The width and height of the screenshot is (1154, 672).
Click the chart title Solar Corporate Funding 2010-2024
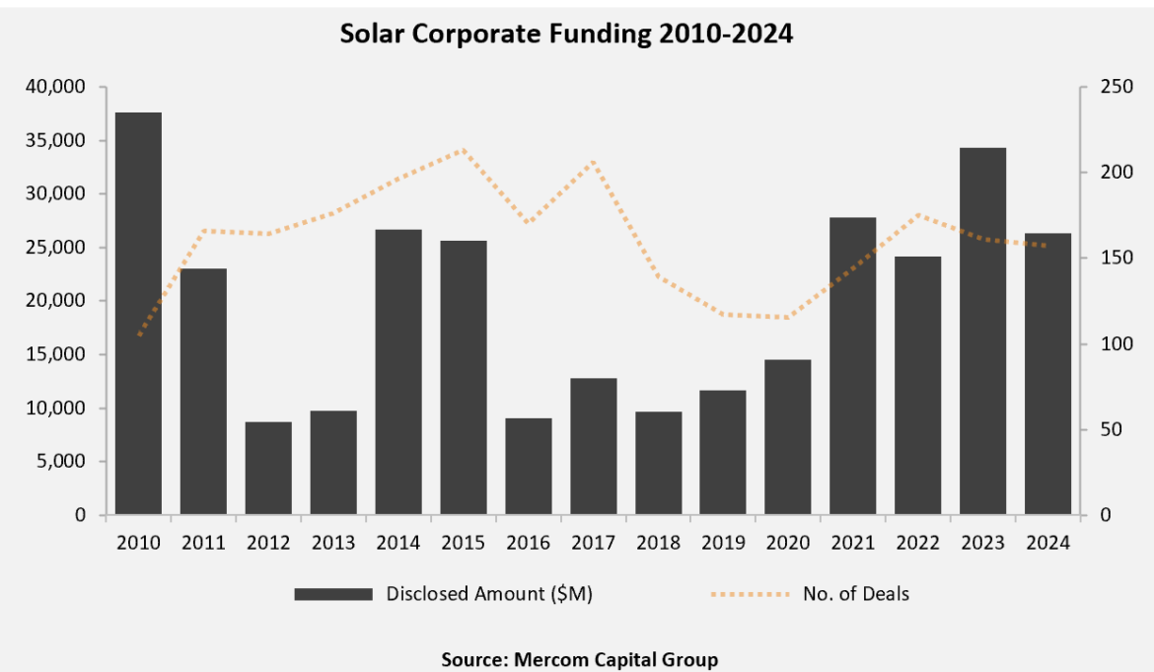point(566,34)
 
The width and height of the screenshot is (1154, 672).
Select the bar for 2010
point(138,314)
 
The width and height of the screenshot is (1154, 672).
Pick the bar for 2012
point(268,468)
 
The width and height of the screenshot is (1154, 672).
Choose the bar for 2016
point(529,466)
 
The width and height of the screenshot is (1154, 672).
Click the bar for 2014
point(398,372)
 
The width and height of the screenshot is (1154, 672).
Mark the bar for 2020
point(789,437)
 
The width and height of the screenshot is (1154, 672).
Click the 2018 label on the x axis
point(659,544)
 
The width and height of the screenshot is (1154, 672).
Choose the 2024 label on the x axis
point(1047,544)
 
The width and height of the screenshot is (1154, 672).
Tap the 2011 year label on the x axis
point(203,544)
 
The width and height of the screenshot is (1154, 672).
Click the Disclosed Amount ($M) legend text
point(489,594)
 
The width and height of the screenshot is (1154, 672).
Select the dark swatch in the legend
point(333,594)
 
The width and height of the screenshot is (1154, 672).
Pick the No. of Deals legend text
point(855,594)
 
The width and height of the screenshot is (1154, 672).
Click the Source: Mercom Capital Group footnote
point(579,659)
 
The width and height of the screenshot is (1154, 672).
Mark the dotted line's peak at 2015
point(464,150)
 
